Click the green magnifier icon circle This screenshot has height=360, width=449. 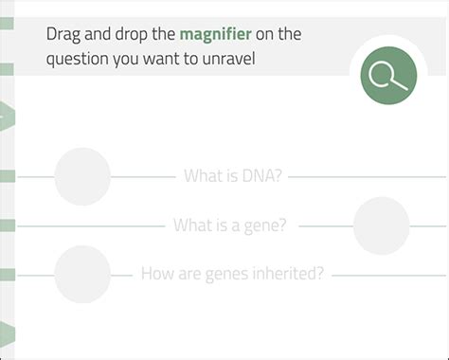coord(387,76)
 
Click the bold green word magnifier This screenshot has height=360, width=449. coord(216,35)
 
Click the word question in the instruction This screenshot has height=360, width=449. coord(79,59)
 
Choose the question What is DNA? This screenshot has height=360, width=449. coord(233,176)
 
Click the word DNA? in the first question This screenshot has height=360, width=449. coord(262,176)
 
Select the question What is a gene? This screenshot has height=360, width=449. coord(230,225)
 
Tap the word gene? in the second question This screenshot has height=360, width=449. coord(266,225)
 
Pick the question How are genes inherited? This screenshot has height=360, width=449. coord(232,274)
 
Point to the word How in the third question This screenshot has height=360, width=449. coord(156,274)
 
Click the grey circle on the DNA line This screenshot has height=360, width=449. coord(82,176)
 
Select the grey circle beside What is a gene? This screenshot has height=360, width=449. coord(381,225)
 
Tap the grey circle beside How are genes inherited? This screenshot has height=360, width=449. coord(82,274)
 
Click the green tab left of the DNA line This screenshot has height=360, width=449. coord(7,176)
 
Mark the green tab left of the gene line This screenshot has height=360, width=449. coord(7,225)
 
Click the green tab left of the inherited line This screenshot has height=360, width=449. coord(7,274)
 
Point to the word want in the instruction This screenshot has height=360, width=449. coord(179,59)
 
